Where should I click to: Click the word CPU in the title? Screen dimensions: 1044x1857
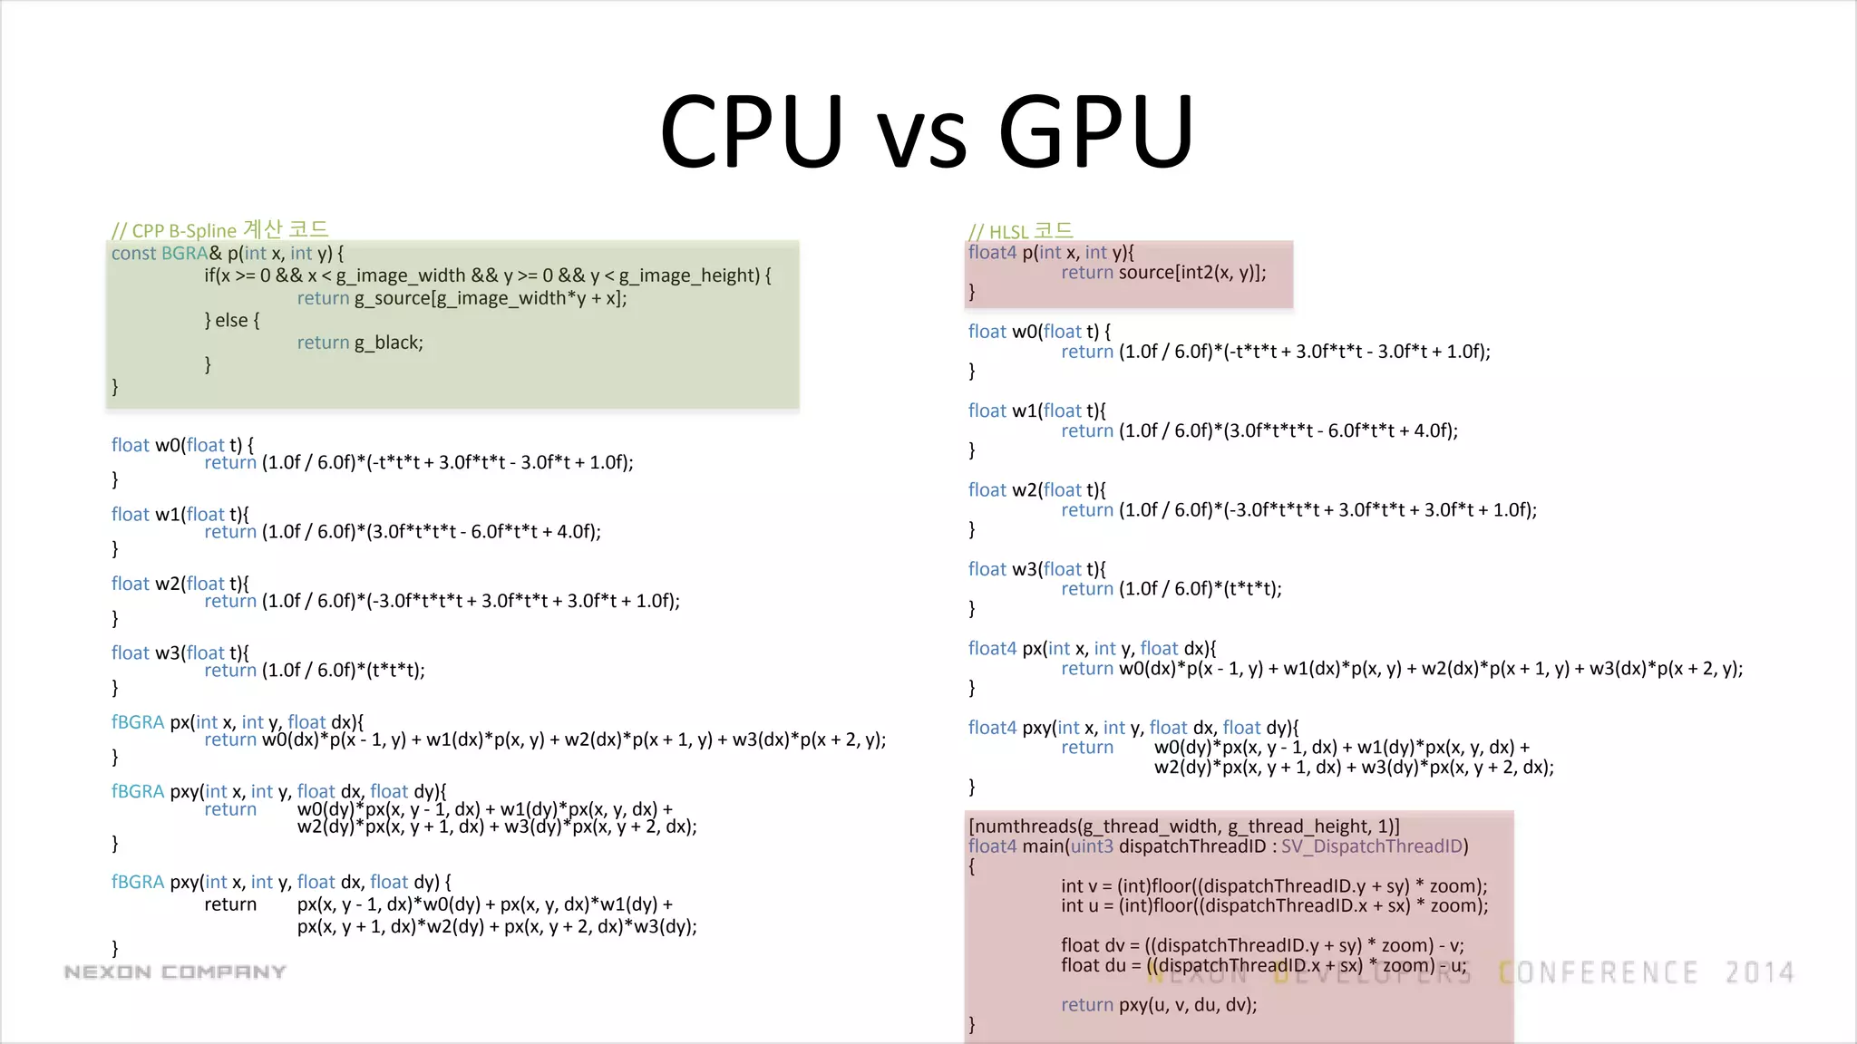pyautogui.click(x=752, y=131)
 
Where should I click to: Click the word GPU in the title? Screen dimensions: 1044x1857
pyautogui.click(x=1095, y=131)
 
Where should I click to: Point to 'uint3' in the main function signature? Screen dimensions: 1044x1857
pyautogui.click(x=1092, y=846)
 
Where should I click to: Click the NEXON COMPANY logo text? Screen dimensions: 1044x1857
pyautogui.click(x=175, y=972)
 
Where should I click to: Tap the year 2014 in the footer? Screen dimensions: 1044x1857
pyautogui.click(x=1759, y=973)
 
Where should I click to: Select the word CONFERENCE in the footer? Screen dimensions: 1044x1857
pyautogui.click(x=1598, y=973)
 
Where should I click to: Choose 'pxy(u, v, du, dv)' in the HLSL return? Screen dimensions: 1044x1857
pyautogui.click(x=1187, y=1005)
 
